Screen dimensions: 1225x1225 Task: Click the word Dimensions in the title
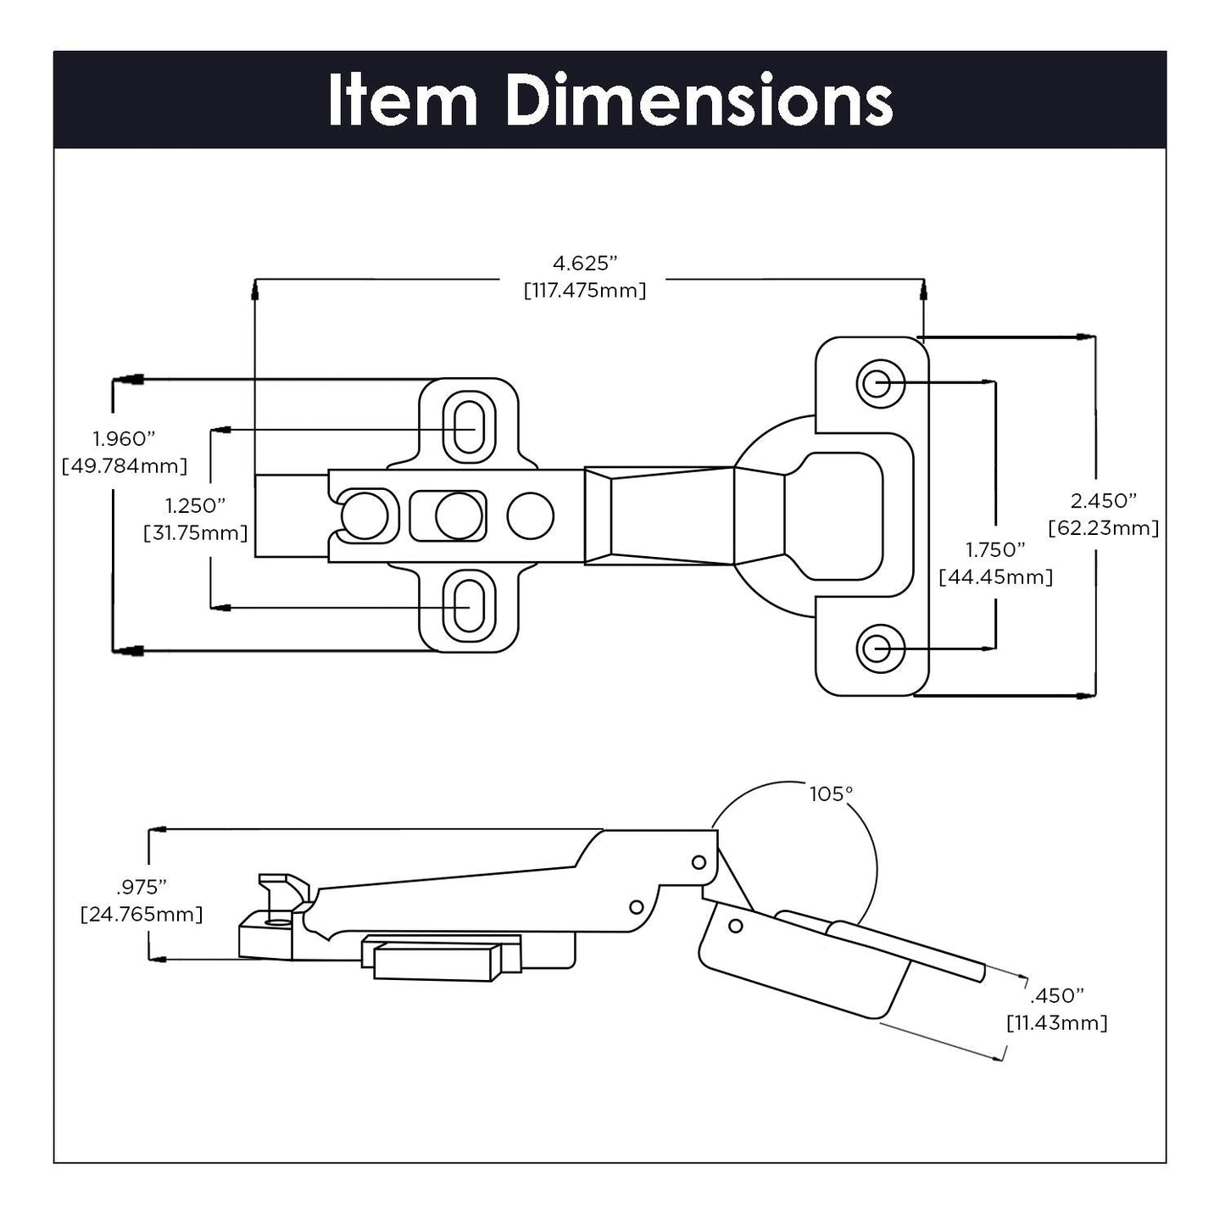pyautogui.click(x=699, y=101)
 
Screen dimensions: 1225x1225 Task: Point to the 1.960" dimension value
pyautogui.click(x=124, y=438)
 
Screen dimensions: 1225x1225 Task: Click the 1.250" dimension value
pyautogui.click(x=195, y=506)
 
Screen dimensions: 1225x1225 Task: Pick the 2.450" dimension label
pyautogui.click(x=1103, y=500)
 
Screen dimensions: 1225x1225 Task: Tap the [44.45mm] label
pyautogui.click(x=995, y=577)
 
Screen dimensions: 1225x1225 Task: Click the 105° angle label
pyautogui.click(x=830, y=794)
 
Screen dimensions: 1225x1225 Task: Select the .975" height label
pyautogui.click(x=141, y=888)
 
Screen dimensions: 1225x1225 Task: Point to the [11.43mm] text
pyautogui.click(x=1056, y=1023)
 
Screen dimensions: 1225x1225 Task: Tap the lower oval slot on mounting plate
pyautogui.click(x=465, y=604)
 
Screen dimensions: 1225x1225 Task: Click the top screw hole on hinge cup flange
pyautogui.click(x=876, y=383)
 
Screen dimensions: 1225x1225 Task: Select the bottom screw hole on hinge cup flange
pyautogui.click(x=876, y=649)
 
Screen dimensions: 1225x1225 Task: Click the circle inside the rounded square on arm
pyautogui.click(x=459, y=515)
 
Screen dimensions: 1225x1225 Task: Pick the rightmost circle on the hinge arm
pyautogui.click(x=531, y=515)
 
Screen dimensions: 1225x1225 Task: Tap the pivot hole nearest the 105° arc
pyautogui.click(x=699, y=862)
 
